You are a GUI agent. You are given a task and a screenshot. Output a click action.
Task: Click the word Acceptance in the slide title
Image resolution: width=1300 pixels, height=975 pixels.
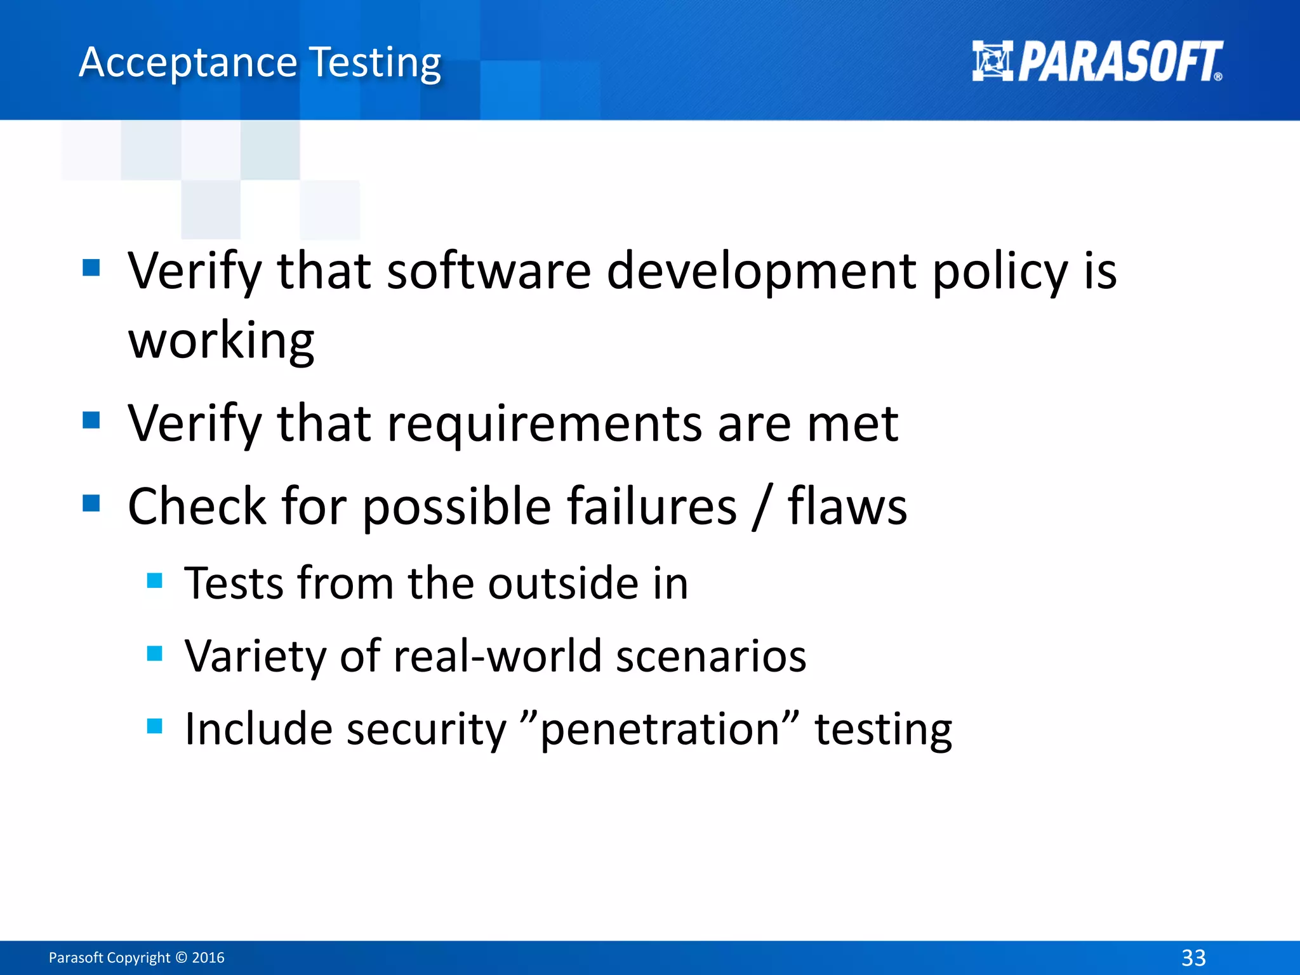tap(188, 63)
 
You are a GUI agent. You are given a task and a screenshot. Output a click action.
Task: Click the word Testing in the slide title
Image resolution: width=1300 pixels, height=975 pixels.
tap(375, 63)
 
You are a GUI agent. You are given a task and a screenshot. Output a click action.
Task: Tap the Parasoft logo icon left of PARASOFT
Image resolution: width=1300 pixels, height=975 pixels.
tap(992, 61)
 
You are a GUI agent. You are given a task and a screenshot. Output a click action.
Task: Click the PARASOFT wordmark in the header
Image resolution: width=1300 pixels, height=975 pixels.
tap(1120, 62)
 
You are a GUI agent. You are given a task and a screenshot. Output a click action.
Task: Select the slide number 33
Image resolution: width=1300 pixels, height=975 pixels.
tap(1193, 957)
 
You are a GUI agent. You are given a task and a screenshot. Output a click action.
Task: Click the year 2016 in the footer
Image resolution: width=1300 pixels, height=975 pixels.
tap(208, 957)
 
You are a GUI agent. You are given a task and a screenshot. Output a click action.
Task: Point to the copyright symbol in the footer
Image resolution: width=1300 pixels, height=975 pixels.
tap(181, 957)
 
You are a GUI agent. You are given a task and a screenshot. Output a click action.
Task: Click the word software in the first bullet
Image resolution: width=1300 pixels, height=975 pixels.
tap(489, 270)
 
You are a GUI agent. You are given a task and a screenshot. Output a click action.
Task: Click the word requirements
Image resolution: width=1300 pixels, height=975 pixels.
tap(545, 424)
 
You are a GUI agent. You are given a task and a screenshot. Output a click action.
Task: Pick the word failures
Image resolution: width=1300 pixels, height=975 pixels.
tap(651, 506)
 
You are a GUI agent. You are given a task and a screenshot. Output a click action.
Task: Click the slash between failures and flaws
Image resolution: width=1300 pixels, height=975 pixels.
tap(762, 507)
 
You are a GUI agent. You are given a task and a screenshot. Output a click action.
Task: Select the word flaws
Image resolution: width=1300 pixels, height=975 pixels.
tap(847, 506)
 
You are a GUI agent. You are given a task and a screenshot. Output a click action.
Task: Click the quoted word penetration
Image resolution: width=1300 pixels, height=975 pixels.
tap(660, 729)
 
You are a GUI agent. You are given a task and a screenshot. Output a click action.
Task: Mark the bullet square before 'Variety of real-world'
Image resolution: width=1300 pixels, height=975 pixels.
tap(154, 653)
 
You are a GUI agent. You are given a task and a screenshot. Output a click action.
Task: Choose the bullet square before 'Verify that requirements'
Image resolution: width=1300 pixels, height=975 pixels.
tap(91, 420)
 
